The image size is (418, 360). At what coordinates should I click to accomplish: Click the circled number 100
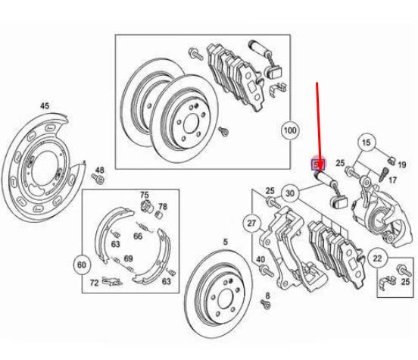click(x=289, y=130)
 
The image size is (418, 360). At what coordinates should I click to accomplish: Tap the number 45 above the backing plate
click(x=44, y=107)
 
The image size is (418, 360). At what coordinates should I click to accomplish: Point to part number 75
click(x=145, y=196)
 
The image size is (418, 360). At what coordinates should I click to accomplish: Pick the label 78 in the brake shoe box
click(x=162, y=206)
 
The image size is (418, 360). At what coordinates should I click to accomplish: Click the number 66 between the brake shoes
click(x=138, y=236)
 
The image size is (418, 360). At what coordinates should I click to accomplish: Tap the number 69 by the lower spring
click(x=128, y=259)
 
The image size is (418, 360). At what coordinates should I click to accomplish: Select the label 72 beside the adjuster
click(x=95, y=282)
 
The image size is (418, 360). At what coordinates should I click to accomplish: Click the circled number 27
click(x=251, y=223)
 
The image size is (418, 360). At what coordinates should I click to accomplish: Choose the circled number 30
click(x=289, y=194)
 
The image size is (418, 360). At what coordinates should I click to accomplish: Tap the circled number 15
click(x=367, y=142)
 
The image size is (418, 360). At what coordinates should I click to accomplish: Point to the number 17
click(x=392, y=180)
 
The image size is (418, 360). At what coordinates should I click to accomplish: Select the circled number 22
click(x=377, y=260)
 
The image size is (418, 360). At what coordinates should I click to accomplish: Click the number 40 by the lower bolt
click(x=260, y=259)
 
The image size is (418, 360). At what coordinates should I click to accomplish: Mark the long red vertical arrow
click(x=317, y=121)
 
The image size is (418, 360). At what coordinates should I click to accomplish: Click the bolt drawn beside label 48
click(x=98, y=181)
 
